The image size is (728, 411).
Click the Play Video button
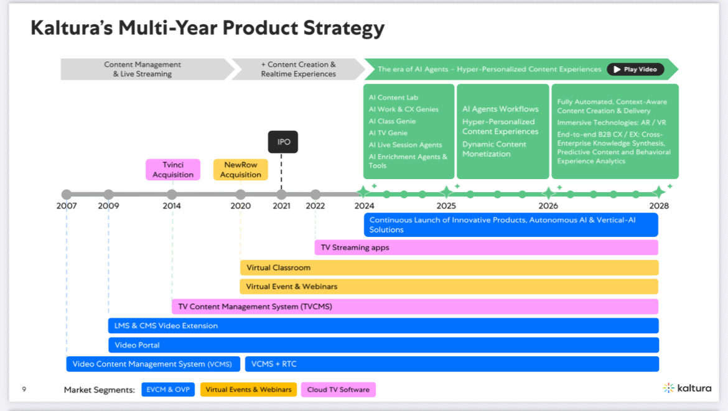(635, 69)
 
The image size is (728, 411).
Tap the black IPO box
(283, 142)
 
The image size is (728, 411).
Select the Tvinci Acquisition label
(173, 170)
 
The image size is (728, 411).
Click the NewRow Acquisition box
(240, 170)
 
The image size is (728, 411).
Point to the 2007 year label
(67, 206)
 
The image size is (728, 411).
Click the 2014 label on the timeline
(172, 206)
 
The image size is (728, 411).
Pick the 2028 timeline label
(658, 206)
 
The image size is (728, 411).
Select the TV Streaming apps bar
(486, 247)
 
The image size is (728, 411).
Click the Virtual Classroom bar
(449, 267)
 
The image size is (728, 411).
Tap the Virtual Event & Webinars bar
(449, 287)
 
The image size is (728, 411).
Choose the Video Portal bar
(383, 345)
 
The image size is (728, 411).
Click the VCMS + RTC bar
(452, 364)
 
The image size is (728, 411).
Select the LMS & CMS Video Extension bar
(383, 325)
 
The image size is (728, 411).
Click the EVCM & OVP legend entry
(168, 390)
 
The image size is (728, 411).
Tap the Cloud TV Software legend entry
(338, 390)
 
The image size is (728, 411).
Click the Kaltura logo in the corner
(687, 388)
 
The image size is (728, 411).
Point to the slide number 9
(24, 389)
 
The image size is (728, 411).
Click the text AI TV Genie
(388, 133)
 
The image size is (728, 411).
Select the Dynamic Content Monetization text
(494, 149)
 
